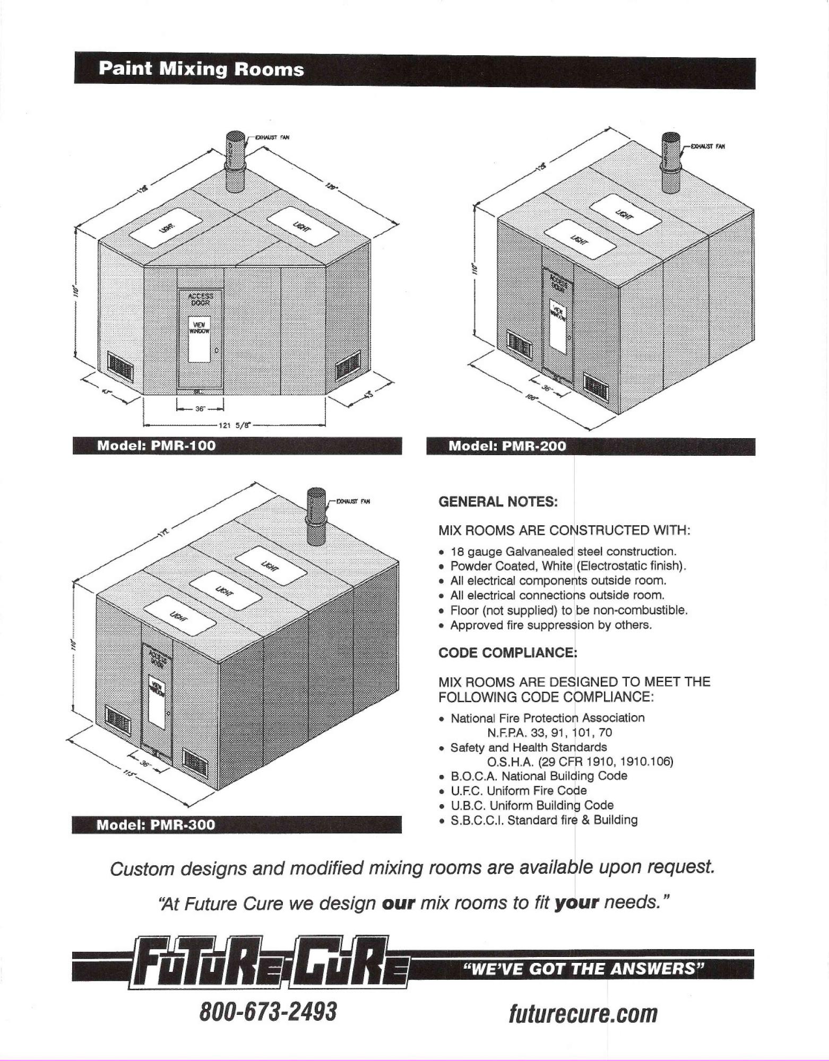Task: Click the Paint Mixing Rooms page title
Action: point(201,69)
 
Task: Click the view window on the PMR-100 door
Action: point(200,340)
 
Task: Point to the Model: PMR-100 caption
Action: point(157,446)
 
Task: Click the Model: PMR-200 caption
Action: point(507,446)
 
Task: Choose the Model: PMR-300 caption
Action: point(156,825)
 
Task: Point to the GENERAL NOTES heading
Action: point(498,502)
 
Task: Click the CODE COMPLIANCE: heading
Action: point(507,653)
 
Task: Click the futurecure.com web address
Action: point(583,1013)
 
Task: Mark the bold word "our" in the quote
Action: point(398,903)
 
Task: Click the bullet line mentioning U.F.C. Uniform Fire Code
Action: point(519,790)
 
